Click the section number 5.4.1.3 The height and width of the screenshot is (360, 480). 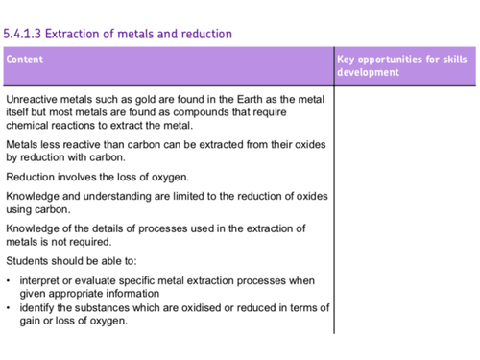(x=23, y=35)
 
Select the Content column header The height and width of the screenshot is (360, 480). (x=25, y=60)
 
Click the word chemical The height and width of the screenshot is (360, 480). (x=28, y=126)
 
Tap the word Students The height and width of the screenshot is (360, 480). (x=29, y=259)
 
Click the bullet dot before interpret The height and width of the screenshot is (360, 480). (x=9, y=280)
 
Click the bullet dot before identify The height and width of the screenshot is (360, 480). (x=9, y=308)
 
